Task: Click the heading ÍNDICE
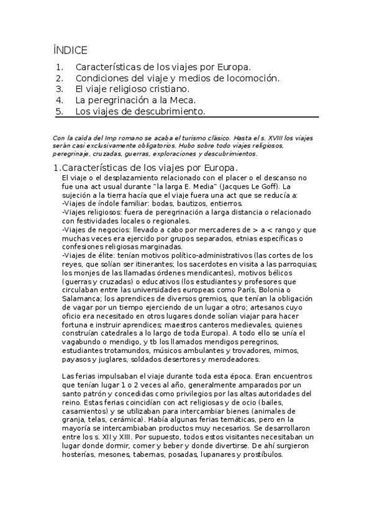pos(70,50)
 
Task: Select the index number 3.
pos(59,89)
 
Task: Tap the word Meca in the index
pos(183,100)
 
